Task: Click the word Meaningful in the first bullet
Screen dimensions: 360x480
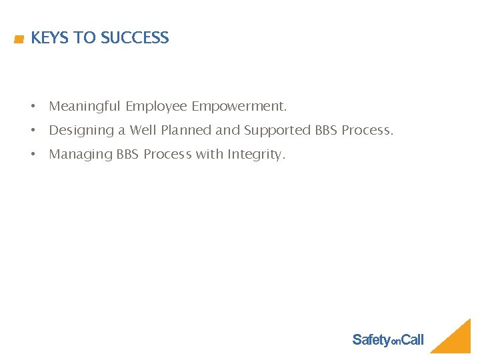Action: coord(85,107)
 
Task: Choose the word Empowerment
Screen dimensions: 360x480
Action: coord(239,107)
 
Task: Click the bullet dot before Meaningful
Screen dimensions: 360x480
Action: coord(32,107)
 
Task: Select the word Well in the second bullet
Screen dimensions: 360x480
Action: coord(143,131)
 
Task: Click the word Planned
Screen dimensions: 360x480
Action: coord(185,131)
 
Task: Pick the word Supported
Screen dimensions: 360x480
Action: coord(278,131)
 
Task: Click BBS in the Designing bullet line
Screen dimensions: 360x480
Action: coord(327,131)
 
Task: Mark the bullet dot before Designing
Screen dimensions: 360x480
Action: coord(32,131)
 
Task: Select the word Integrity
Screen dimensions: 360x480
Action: coord(256,155)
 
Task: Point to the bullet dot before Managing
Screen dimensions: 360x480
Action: coord(32,155)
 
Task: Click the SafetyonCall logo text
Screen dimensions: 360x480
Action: coord(387,340)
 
